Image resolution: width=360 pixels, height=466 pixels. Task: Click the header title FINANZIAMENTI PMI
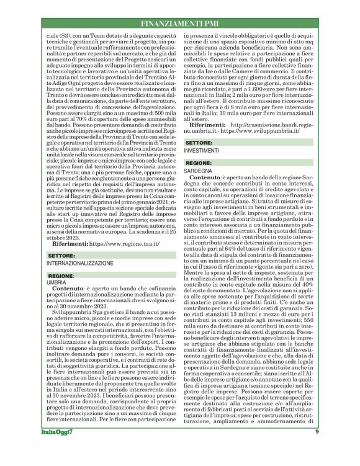[x=179, y=24]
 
